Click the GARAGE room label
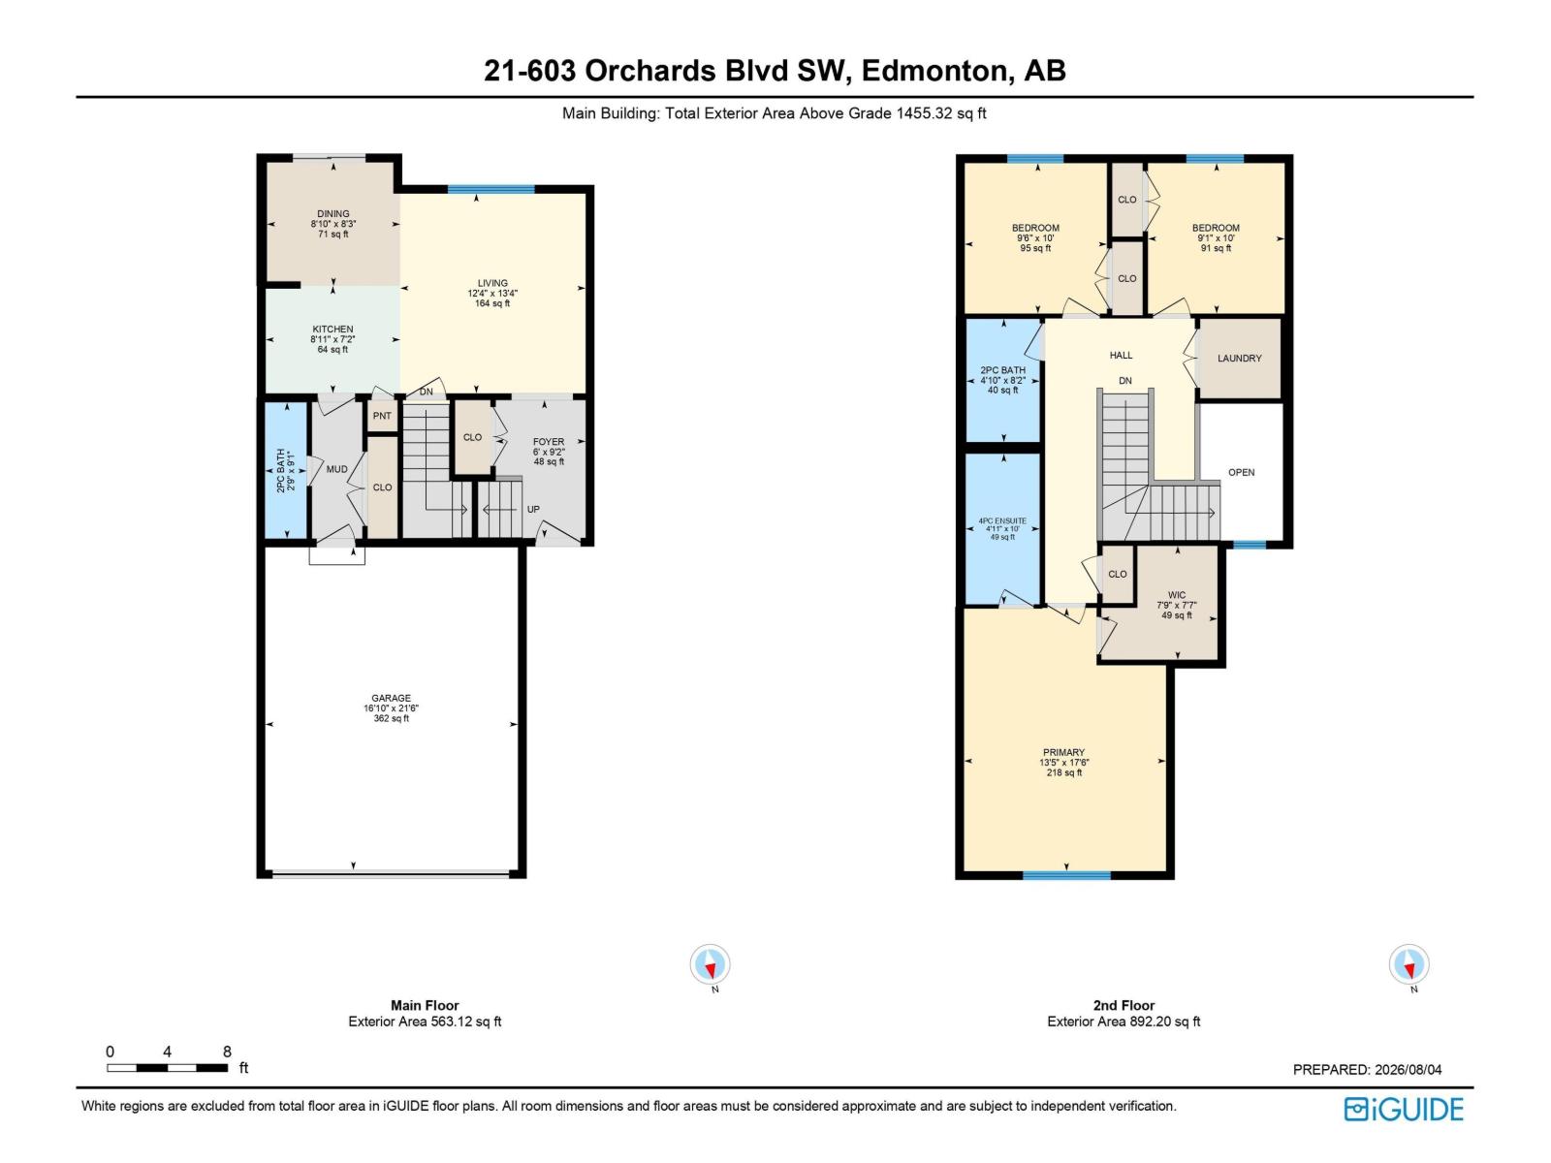[x=391, y=698]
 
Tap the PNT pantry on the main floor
[x=382, y=416]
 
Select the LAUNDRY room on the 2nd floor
[x=1240, y=358]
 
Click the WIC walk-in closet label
[x=1177, y=594]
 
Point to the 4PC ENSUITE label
[x=1002, y=520]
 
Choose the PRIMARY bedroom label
[x=1063, y=752]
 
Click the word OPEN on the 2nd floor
[x=1242, y=472]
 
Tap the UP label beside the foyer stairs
[x=533, y=509]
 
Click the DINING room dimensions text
[x=332, y=224]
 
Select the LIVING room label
[x=492, y=283]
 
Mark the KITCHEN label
[x=332, y=330]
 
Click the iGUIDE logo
[x=1404, y=1110]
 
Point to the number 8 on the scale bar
[x=227, y=1052]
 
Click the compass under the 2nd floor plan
[x=1409, y=964]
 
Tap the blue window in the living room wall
[x=491, y=189]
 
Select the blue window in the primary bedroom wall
[x=1066, y=875]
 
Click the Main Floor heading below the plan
[x=425, y=1005]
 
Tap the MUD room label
[x=337, y=469]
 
